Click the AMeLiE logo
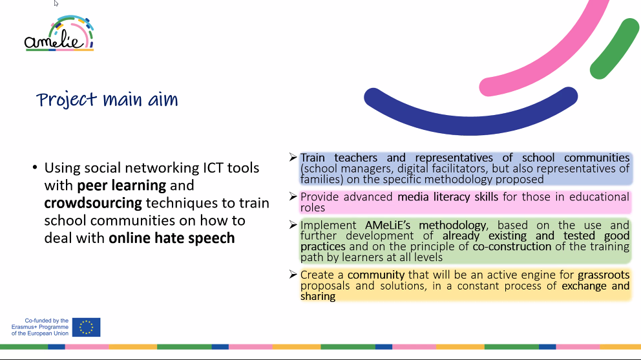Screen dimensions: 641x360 [59, 34]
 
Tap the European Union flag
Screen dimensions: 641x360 [86, 327]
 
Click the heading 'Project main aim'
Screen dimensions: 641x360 [107, 100]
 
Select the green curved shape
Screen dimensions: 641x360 [614, 49]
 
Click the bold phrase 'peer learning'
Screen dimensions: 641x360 [122, 185]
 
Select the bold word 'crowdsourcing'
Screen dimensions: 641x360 [93, 203]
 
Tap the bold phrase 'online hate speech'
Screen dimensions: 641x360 [172, 238]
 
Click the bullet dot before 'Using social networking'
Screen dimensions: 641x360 [35, 167]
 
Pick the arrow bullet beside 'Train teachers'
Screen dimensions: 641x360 [293, 157]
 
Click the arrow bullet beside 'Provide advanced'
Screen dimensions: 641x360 [293, 196]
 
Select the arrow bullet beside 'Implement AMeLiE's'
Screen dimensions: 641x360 [293, 224]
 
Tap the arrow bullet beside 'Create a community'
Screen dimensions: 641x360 [293, 274]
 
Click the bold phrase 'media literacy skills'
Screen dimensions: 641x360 [448, 196]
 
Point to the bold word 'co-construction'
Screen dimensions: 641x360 [512, 246]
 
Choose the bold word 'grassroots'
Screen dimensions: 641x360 [604, 275]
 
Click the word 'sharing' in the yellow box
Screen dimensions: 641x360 [318, 296]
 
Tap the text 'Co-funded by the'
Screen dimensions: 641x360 [47, 321]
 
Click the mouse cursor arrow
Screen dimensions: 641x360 [56, 3]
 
